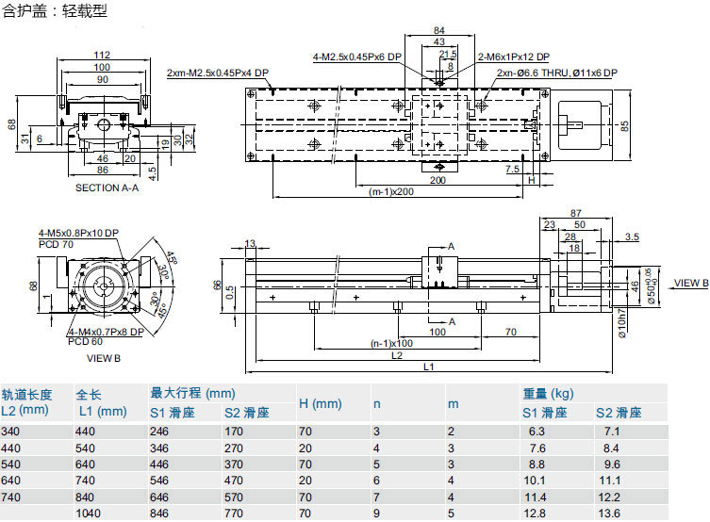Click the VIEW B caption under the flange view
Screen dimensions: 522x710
pyautogui.click(x=104, y=358)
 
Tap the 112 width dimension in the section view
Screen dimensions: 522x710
pyautogui.click(x=103, y=54)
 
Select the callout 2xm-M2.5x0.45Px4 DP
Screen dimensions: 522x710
pyautogui.click(x=218, y=73)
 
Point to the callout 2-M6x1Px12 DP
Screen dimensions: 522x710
pyautogui.click(x=513, y=57)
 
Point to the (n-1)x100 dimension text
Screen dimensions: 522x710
pyautogui.click(x=391, y=343)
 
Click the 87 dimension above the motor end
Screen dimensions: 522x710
pyautogui.click(x=576, y=213)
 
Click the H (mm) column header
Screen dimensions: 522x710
pyautogui.click(x=320, y=403)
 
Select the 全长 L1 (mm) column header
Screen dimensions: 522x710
pyautogui.click(x=100, y=403)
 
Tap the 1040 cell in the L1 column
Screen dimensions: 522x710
pyautogui.click(x=89, y=513)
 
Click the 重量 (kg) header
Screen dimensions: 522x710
pyautogui.click(x=548, y=394)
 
